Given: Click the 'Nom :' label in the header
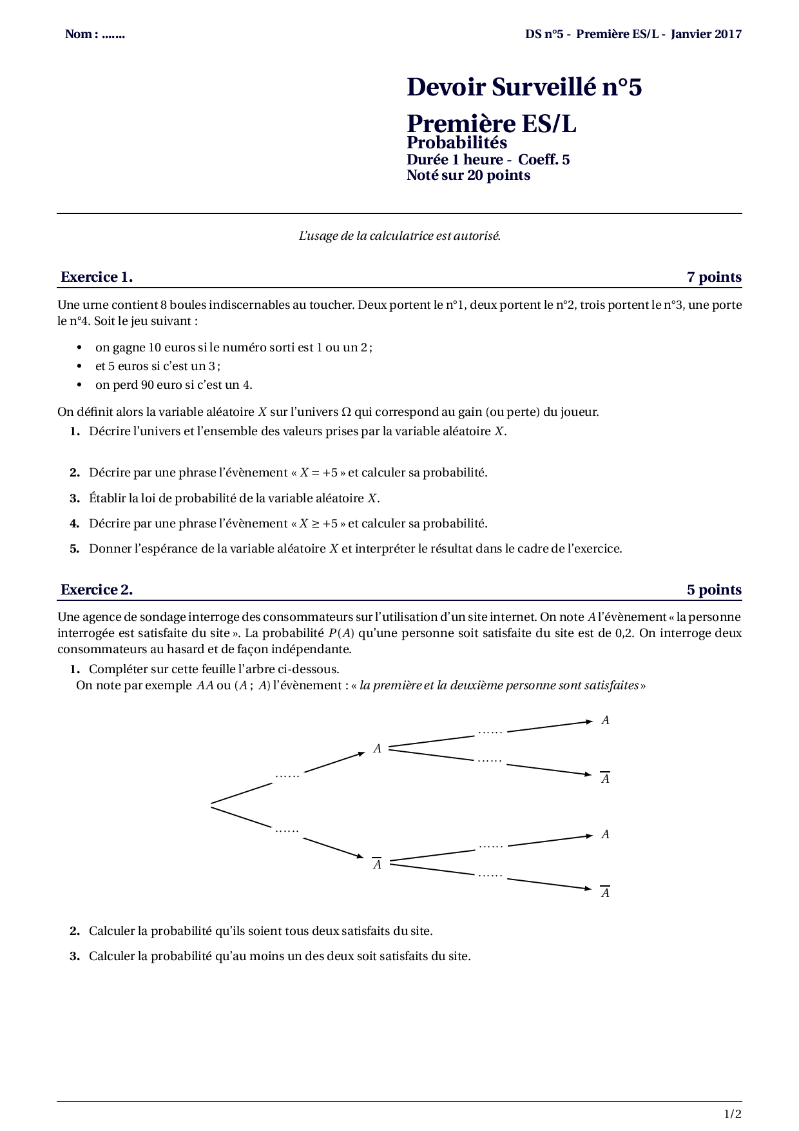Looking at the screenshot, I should coord(81,34).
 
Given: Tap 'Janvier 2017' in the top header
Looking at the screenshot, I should coord(706,34).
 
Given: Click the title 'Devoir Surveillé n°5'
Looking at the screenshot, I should coord(524,87).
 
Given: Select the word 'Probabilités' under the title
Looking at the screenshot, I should coord(457,143).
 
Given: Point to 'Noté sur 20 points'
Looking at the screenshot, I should coord(468,175).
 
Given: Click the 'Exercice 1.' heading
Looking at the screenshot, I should coord(97,277).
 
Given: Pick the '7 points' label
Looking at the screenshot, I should coord(714,277).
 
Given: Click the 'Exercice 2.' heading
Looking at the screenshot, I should coord(97,589).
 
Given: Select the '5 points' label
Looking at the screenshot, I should coord(714,589).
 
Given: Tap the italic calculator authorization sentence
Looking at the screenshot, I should coord(400,236).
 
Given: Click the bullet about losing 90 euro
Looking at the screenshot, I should coord(173,385).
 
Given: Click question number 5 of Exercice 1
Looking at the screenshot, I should coord(75,549).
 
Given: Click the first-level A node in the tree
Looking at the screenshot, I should coord(378,749).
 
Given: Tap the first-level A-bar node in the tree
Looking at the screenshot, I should coord(378,864).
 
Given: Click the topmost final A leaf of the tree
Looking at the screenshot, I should coord(605,720).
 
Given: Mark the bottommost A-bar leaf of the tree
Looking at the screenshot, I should coord(605,892).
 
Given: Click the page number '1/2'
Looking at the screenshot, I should coord(733,1114).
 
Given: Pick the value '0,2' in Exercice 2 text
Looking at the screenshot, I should coord(624,633).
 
